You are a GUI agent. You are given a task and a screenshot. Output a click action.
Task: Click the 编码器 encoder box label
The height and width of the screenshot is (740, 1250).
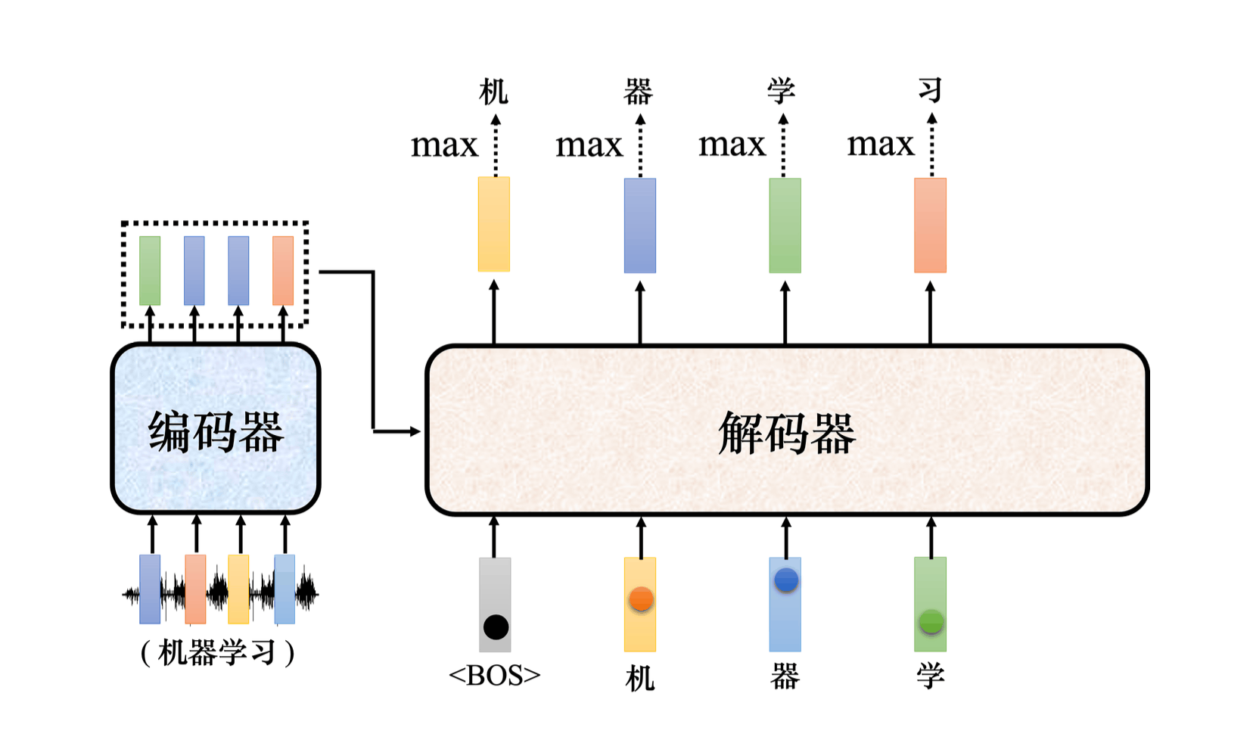(216, 432)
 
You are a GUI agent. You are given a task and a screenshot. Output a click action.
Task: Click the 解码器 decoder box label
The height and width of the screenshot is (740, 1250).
(786, 434)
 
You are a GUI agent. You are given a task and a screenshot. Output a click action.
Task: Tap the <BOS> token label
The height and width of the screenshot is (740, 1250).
(495, 675)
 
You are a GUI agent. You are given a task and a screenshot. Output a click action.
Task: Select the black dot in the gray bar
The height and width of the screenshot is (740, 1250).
(496, 627)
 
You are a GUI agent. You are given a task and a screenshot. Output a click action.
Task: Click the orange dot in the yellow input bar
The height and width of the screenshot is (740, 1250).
(641, 599)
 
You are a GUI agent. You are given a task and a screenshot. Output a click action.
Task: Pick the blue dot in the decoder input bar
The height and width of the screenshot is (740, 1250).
(786, 580)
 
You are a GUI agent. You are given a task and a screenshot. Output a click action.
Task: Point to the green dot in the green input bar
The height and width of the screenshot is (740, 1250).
(931, 622)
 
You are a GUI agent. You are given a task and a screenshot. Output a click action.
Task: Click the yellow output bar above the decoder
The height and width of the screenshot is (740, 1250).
(494, 224)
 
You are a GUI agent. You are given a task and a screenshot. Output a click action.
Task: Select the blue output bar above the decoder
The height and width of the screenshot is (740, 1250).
(640, 225)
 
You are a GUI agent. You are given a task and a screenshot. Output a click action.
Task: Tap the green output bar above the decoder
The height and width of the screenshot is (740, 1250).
(785, 225)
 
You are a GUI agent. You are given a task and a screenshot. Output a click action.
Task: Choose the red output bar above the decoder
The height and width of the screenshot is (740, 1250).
(930, 225)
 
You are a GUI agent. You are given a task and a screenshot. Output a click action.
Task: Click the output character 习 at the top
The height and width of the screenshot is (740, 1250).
(930, 90)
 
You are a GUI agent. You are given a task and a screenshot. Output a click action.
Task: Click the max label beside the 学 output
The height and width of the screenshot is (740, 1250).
(732, 144)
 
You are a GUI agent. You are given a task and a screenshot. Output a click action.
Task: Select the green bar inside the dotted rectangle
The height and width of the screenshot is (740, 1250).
(150, 270)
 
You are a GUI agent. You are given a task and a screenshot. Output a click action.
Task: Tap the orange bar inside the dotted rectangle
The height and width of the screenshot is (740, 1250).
(283, 270)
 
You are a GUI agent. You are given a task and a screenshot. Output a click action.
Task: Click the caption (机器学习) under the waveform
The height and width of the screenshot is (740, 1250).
(217, 652)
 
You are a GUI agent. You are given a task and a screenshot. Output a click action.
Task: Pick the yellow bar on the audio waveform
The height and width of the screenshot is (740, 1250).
(238, 589)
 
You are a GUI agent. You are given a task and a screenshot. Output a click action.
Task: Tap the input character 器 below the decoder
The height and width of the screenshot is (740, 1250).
(785, 676)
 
